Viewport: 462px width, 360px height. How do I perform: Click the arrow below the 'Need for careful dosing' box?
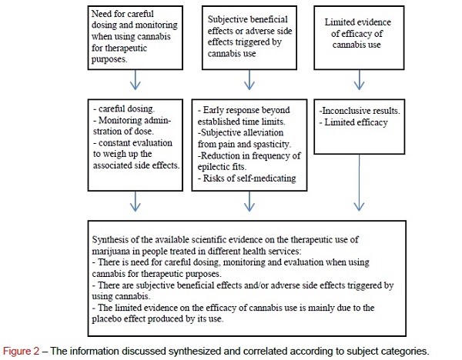(136, 80)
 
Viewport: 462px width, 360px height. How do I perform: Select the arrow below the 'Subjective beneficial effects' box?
(249, 80)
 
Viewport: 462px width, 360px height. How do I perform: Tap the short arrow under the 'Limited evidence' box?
(359, 80)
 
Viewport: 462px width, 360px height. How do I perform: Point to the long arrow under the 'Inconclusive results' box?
(359, 183)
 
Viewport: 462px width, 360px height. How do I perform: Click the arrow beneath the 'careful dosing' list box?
(136, 202)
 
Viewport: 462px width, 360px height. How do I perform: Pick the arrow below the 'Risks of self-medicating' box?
(249, 202)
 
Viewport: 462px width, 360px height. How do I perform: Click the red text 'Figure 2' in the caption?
(21, 352)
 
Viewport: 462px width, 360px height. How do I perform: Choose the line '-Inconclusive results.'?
(360, 111)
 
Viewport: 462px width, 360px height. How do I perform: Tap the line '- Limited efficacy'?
(353, 122)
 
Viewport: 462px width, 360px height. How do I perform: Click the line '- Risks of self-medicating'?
(247, 178)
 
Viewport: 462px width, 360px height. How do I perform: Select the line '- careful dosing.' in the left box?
(124, 109)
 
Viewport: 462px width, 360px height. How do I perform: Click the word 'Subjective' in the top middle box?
(226, 19)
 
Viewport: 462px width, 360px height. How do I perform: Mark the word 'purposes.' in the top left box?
(109, 59)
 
